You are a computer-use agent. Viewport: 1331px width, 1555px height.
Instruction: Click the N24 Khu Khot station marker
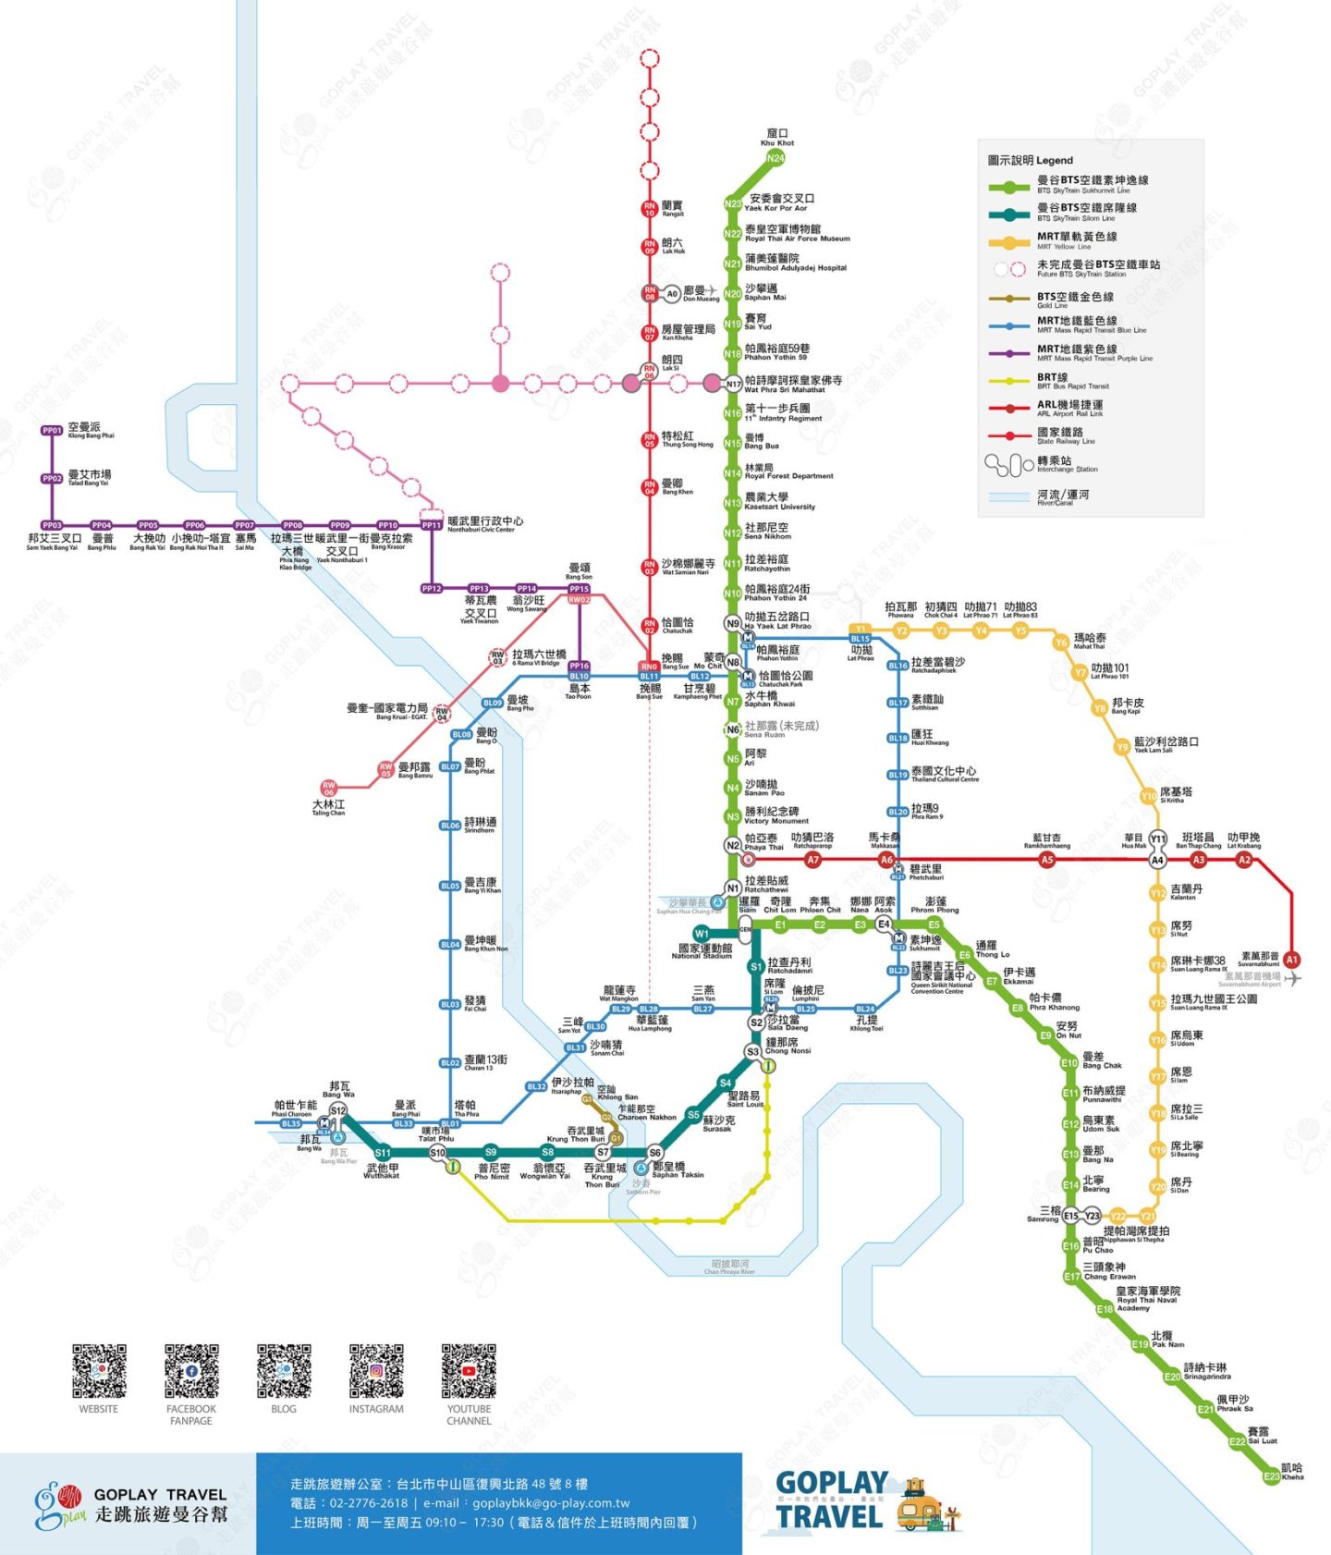[x=775, y=158]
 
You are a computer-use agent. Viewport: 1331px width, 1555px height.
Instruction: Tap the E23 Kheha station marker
[x=1272, y=1476]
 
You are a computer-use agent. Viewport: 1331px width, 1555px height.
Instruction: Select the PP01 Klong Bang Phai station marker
[x=52, y=431]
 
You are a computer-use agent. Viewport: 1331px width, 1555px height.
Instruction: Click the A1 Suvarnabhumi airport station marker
[x=1292, y=960]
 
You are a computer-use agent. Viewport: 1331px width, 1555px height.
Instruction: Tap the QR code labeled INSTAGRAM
[x=376, y=1371]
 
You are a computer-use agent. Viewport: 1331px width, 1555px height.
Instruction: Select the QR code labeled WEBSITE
[x=99, y=1371]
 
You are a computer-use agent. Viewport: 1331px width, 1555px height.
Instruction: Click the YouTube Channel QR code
[x=469, y=1371]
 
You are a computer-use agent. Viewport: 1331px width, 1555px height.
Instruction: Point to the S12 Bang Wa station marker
[x=338, y=1111]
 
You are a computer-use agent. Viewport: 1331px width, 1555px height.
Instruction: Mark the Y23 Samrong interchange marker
[x=1093, y=1216]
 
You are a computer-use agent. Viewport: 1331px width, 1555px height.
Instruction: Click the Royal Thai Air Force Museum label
[x=797, y=233]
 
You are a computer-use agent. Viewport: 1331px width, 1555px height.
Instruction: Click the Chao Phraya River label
[x=730, y=1267]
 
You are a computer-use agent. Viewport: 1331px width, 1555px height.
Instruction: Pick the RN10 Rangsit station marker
[x=650, y=209]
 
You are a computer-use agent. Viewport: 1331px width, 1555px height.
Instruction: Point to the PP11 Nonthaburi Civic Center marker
[x=432, y=525]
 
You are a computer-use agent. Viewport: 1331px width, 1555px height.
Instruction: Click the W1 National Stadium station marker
[x=702, y=934]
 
